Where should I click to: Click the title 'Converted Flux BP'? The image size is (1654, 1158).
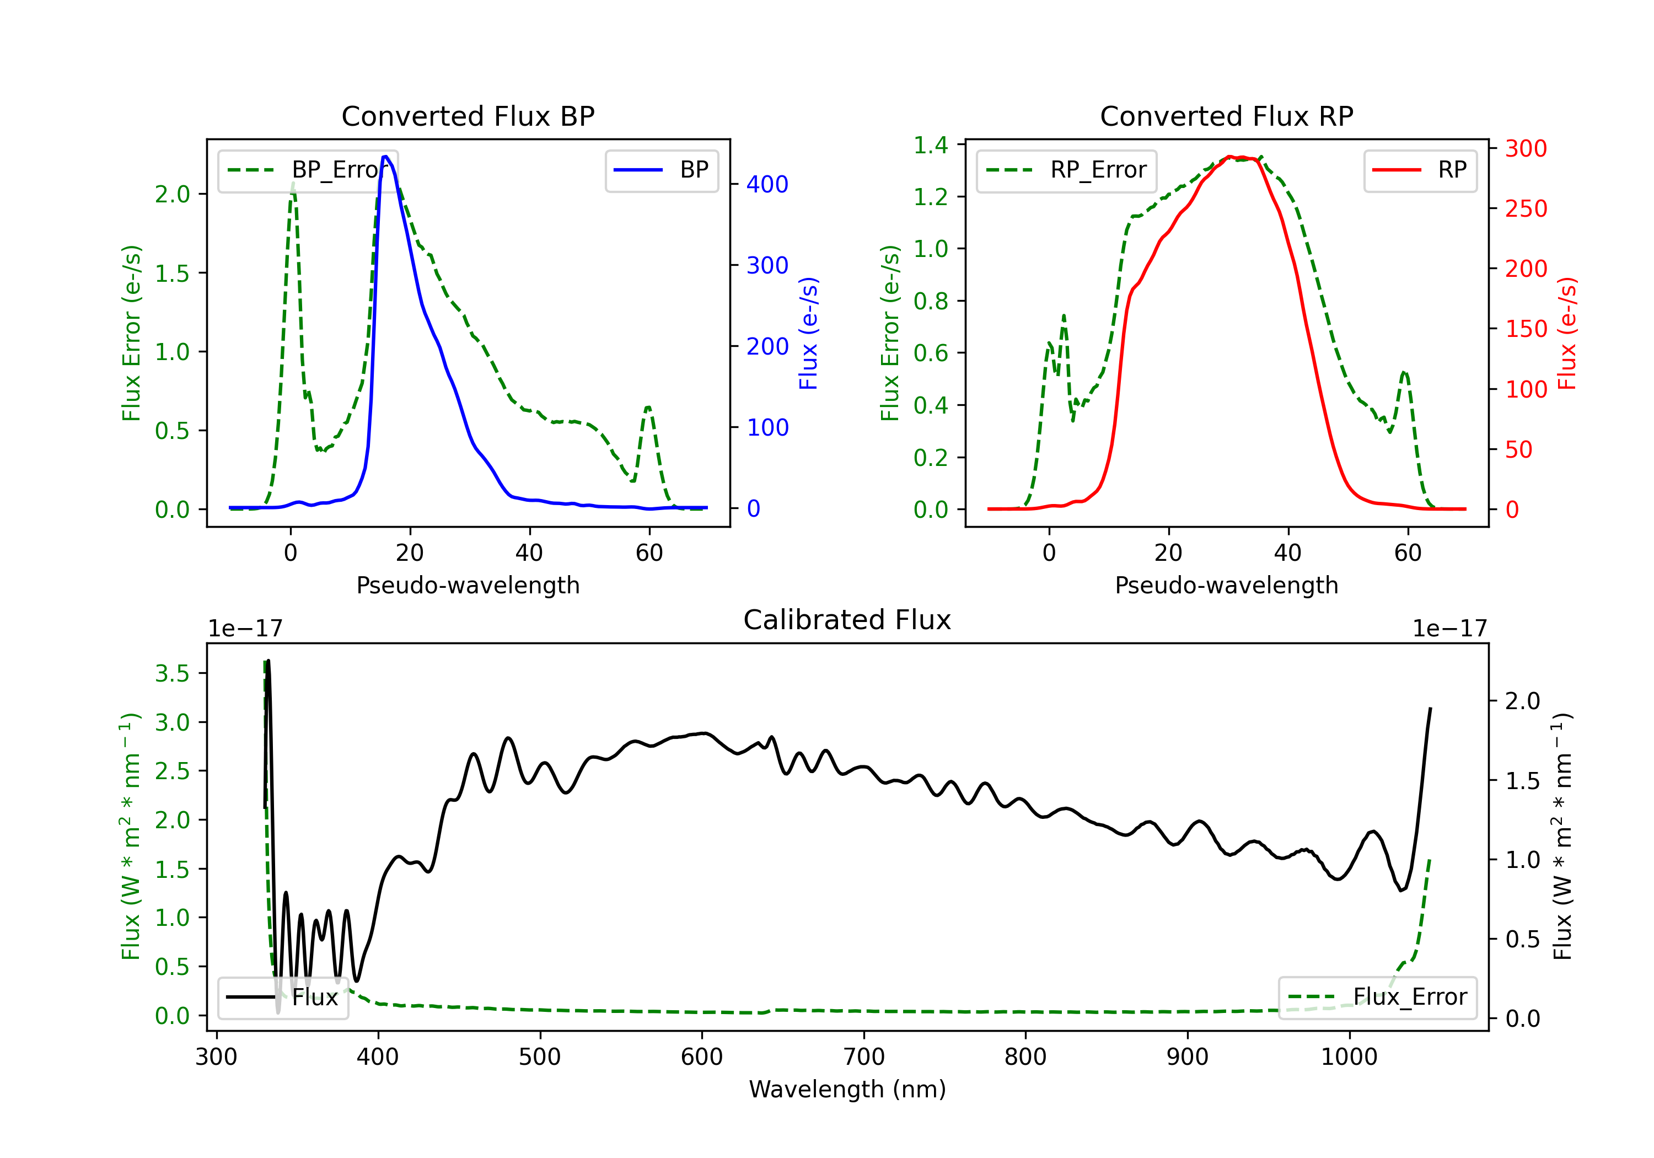468,116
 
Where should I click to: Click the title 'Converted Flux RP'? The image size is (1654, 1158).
1226,116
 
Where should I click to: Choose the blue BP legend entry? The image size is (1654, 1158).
661,170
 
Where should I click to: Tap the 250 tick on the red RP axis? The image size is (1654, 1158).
1526,209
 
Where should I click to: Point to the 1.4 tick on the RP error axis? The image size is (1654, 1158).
931,145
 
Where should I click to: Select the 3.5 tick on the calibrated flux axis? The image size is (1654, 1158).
172,674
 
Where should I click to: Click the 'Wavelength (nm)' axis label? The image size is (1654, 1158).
847,1089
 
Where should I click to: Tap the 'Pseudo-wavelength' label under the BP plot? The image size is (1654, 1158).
468,585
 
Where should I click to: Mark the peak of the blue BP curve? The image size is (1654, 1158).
385,157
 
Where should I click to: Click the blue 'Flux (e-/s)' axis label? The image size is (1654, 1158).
808,333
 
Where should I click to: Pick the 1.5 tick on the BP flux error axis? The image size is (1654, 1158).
172,273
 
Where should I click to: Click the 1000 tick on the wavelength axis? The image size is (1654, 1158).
1349,1057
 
